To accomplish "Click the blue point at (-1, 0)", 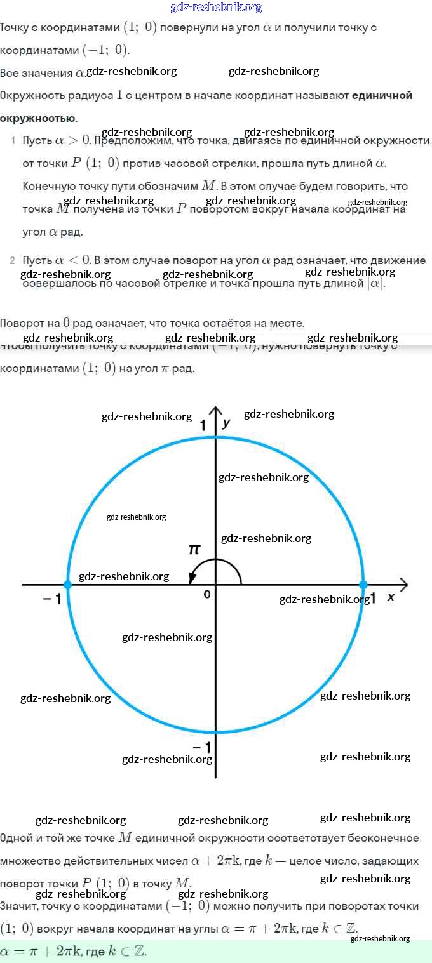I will (68, 584).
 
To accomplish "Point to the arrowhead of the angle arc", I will (191, 578).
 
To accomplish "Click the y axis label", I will (226, 422).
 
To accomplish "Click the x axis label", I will (391, 597).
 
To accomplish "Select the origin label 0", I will (207, 595).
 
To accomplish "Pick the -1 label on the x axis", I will (52, 599).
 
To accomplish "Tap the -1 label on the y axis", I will (202, 746).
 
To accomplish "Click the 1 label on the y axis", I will (204, 425).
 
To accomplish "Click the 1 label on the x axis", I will (374, 598).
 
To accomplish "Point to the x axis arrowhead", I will (403, 584).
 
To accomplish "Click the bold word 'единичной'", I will (382, 95).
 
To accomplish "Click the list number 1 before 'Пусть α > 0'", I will (13, 140).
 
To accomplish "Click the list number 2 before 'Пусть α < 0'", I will (13, 261).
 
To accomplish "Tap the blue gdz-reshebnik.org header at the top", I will (216, 7).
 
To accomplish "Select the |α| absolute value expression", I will (375, 284).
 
